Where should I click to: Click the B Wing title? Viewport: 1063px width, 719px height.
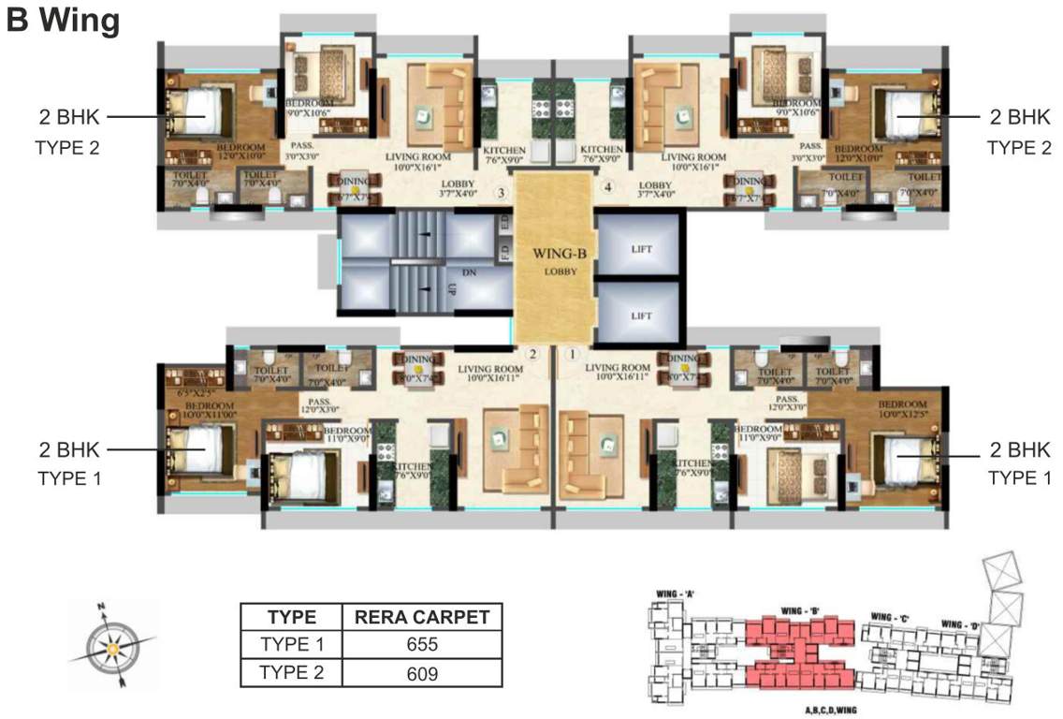(64, 21)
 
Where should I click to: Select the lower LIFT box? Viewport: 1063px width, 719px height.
(641, 315)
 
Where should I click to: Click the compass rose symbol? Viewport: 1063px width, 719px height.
(111, 647)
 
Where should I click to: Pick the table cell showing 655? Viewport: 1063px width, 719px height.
(423, 644)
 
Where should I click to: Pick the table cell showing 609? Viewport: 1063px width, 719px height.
(423, 672)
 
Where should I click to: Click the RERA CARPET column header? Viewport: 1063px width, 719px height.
(423, 617)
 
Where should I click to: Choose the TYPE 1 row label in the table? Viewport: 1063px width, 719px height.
(291, 644)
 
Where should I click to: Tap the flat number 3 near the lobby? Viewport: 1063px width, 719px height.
(502, 194)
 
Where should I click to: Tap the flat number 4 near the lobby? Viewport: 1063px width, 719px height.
(608, 188)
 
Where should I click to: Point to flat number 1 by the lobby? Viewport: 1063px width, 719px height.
(574, 354)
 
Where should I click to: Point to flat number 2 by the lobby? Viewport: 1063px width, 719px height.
(532, 354)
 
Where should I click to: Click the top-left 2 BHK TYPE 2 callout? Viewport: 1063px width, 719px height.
(67, 131)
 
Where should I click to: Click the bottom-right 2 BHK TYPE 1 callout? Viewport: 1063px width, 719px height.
(1012, 462)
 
